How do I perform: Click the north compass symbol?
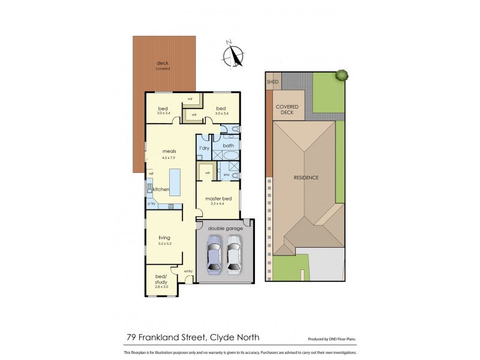(x=232, y=55)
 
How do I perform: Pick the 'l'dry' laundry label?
(x=203, y=147)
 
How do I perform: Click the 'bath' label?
(x=229, y=145)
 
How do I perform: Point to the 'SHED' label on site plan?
(x=273, y=81)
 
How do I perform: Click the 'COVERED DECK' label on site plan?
(x=287, y=108)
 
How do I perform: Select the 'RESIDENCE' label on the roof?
(x=305, y=178)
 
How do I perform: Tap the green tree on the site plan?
(x=342, y=76)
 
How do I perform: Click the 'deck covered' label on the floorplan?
(x=163, y=65)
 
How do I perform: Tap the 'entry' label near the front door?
(x=188, y=271)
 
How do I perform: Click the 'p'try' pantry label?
(x=152, y=204)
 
